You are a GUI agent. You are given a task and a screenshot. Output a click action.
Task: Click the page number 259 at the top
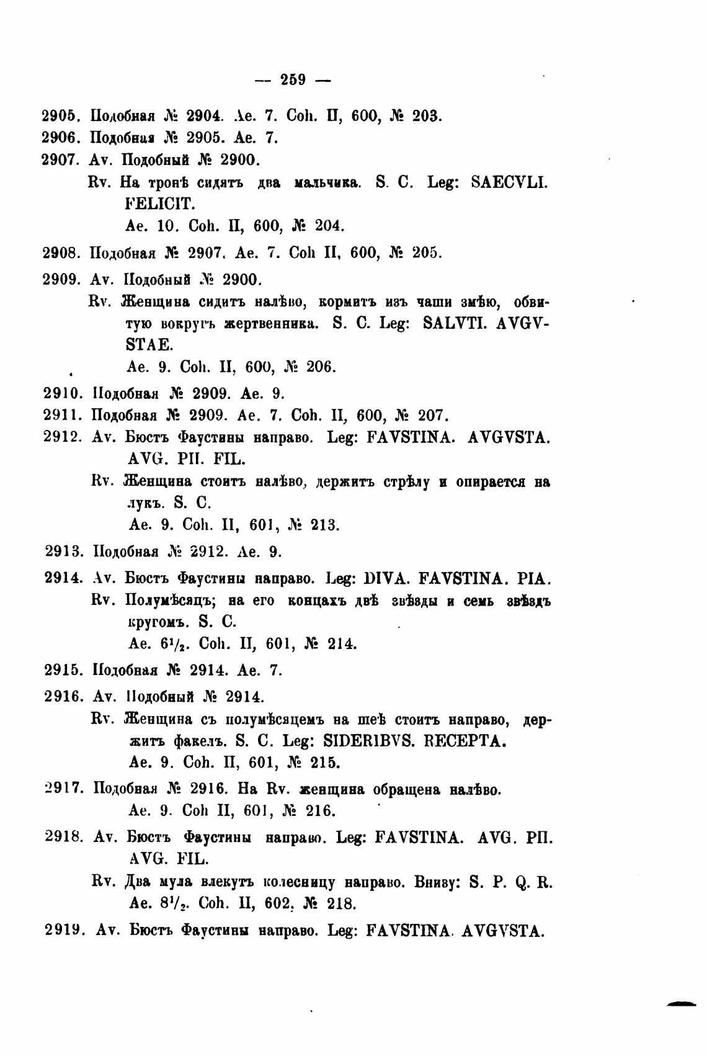(x=293, y=79)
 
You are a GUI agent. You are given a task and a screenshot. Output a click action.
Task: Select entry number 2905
(x=62, y=115)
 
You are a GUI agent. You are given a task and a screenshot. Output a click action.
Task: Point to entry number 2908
(x=63, y=253)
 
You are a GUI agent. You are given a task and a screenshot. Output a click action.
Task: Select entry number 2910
(x=64, y=393)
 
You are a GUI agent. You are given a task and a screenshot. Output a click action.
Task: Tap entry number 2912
(x=64, y=437)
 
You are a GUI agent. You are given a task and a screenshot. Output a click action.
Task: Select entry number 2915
(x=64, y=669)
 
